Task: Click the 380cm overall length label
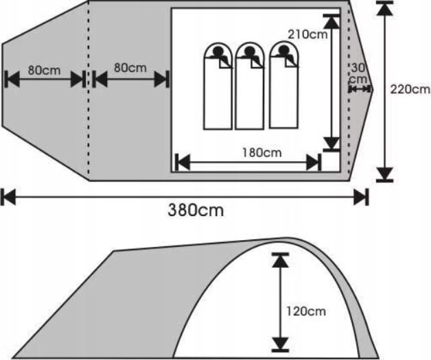(x=196, y=211)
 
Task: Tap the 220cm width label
(x=410, y=89)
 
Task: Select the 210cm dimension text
(x=307, y=34)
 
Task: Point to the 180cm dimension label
(x=262, y=153)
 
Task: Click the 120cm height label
(x=306, y=311)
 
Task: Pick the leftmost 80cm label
(x=44, y=71)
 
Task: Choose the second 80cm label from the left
(x=130, y=68)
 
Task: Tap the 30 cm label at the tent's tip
(x=358, y=73)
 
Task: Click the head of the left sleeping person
(x=218, y=51)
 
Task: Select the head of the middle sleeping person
(x=249, y=51)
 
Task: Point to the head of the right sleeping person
(x=283, y=49)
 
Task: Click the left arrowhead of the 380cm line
(x=8, y=197)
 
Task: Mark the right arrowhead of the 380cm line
(x=360, y=197)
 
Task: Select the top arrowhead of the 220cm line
(x=384, y=9)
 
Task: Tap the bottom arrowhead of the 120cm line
(x=280, y=344)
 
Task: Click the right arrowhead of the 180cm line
(x=314, y=163)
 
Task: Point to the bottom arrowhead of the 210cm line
(x=331, y=143)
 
